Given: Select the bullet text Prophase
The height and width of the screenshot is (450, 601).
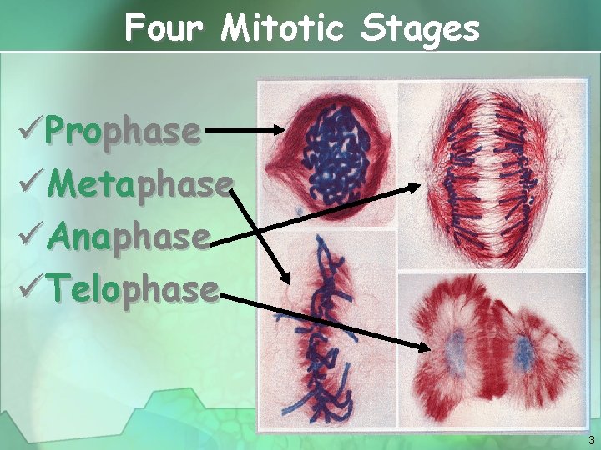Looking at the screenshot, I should [124, 131].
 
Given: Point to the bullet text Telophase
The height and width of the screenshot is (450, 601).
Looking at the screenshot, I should [133, 289].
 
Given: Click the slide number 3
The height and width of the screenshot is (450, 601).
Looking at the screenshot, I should [590, 440].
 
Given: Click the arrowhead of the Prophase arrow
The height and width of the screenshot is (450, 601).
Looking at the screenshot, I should [280, 130].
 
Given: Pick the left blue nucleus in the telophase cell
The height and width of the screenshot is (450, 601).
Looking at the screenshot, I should [454, 349].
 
